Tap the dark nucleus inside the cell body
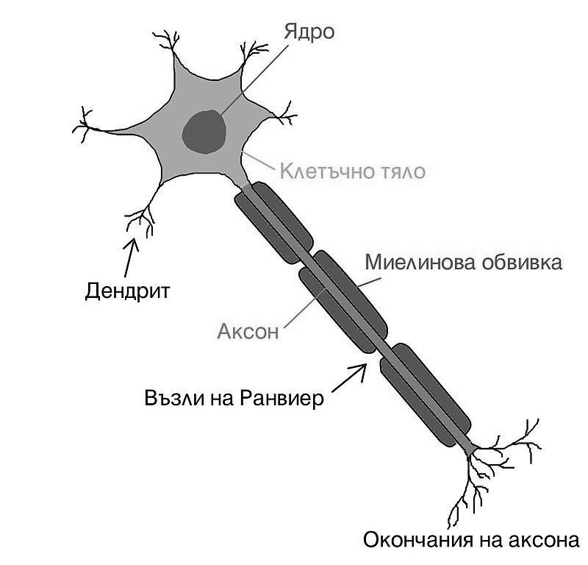204,132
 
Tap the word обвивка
519,263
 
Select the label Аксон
248,331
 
